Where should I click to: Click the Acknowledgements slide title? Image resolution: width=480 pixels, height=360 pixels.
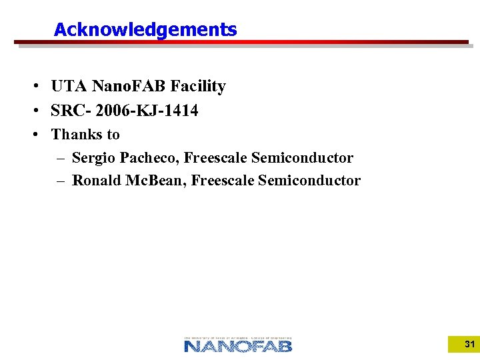click(x=145, y=30)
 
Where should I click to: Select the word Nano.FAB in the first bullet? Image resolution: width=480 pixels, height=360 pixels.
click(x=129, y=87)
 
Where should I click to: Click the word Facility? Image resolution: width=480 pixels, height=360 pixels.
click(x=198, y=87)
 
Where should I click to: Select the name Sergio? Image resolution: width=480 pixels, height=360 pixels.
click(x=93, y=158)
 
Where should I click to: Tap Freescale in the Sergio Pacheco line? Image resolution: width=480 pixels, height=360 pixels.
click(x=215, y=158)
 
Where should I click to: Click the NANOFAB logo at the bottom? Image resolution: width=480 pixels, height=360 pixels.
click(x=238, y=343)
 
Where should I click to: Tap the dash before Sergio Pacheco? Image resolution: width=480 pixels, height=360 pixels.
click(x=61, y=159)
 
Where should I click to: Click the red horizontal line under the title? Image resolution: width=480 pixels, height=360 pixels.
click(x=240, y=42)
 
